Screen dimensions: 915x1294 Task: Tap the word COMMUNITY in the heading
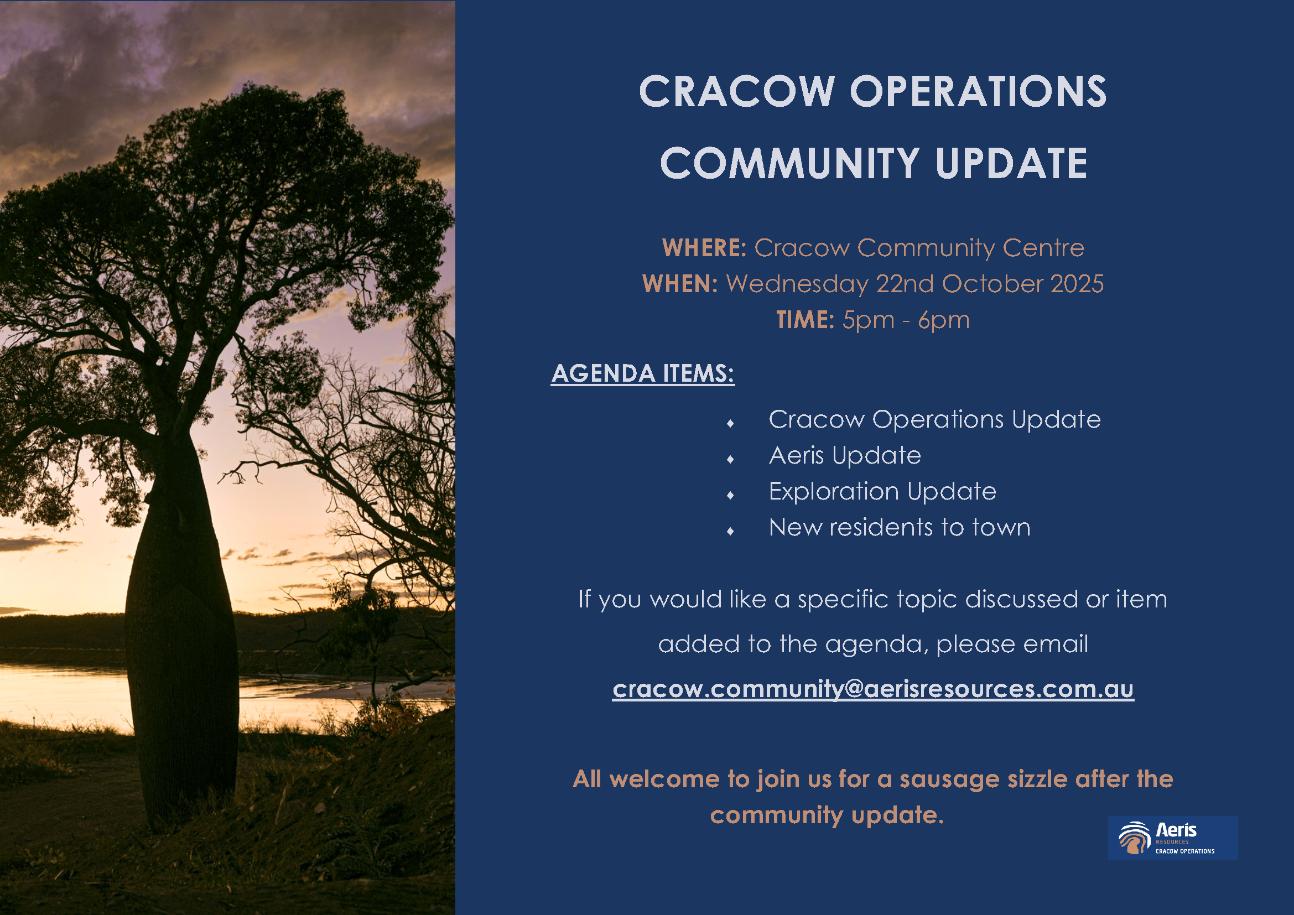click(x=789, y=163)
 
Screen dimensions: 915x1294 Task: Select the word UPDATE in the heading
click(x=1011, y=163)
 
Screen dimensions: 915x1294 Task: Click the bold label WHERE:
click(x=704, y=248)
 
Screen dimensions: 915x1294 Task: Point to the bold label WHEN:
click(x=680, y=284)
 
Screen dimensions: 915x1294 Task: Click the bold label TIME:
click(x=805, y=320)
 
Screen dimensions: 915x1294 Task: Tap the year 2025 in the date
click(x=1077, y=284)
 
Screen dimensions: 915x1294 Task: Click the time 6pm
click(x=944, y=320)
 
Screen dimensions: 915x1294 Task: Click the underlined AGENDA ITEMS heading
click(x=642, y=373)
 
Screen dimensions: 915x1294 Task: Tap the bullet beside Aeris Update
click(x=730, y=460)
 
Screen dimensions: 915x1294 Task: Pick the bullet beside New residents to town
click(x=730, y=531)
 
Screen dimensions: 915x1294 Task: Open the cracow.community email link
click(x=873, y=689)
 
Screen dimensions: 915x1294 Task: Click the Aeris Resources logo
click(x=1172, y=837)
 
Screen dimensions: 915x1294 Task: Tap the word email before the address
click(x=1055, y=644)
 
